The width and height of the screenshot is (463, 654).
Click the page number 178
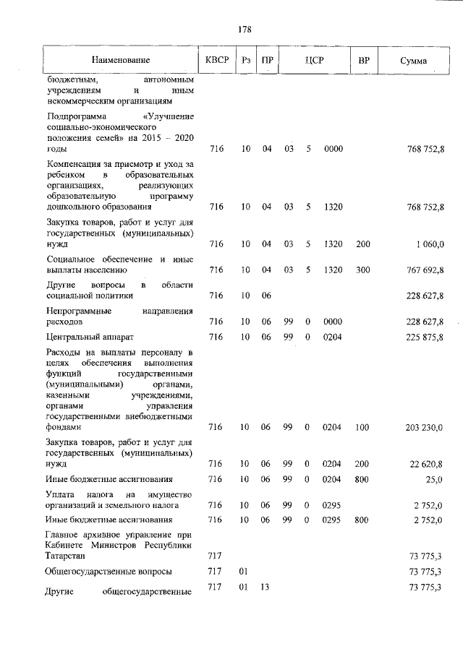tap(245, 30)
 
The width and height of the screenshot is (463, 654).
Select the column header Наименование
tap(121, 61)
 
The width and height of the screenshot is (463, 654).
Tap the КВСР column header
tap(216, 61)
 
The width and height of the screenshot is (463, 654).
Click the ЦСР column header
tap(313, 61)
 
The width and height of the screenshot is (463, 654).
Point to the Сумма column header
tap(413, 61)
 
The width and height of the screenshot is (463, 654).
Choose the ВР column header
tap(363, 61)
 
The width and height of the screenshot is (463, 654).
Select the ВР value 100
tap(363, 428)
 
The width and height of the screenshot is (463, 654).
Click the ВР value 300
tap(363, 270)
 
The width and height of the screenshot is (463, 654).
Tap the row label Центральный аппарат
tap(90, 337)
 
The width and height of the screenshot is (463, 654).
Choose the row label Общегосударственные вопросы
tap(109, 572)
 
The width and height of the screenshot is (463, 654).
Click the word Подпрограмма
tap(76, 116)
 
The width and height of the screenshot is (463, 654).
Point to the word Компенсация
tap(75, 165)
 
